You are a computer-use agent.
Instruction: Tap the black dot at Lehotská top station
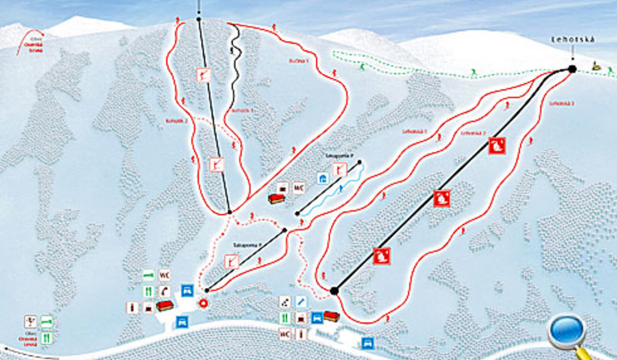(x=572, y=69)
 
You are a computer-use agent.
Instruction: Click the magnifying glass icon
(x=568, y=332)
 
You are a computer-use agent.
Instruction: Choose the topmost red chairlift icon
(x=497, y=146)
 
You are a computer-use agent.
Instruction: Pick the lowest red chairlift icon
(x=382, y=256)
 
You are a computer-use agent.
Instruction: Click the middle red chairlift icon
(x=441, y=198)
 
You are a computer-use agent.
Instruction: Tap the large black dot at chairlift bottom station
(x=334, y=291)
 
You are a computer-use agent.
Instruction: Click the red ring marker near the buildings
(x=203, y=304)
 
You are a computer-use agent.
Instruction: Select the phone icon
(x=164, y=291)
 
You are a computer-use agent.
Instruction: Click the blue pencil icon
(x=301, y=301)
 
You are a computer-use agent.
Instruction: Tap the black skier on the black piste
(x=232, y=51)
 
